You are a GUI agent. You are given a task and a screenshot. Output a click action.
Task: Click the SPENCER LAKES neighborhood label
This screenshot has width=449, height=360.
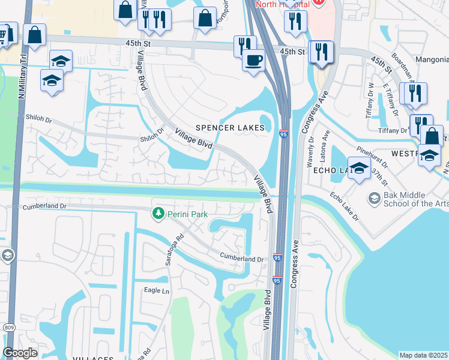(229, 128)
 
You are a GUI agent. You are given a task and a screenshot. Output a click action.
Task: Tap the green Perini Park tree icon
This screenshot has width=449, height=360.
(158, 213)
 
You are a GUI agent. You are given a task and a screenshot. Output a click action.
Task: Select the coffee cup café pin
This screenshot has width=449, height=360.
(253, 61)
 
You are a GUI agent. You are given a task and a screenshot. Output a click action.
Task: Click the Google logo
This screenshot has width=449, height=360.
(20, 353)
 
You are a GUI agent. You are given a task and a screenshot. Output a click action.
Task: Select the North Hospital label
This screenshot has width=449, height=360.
(282, 4)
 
